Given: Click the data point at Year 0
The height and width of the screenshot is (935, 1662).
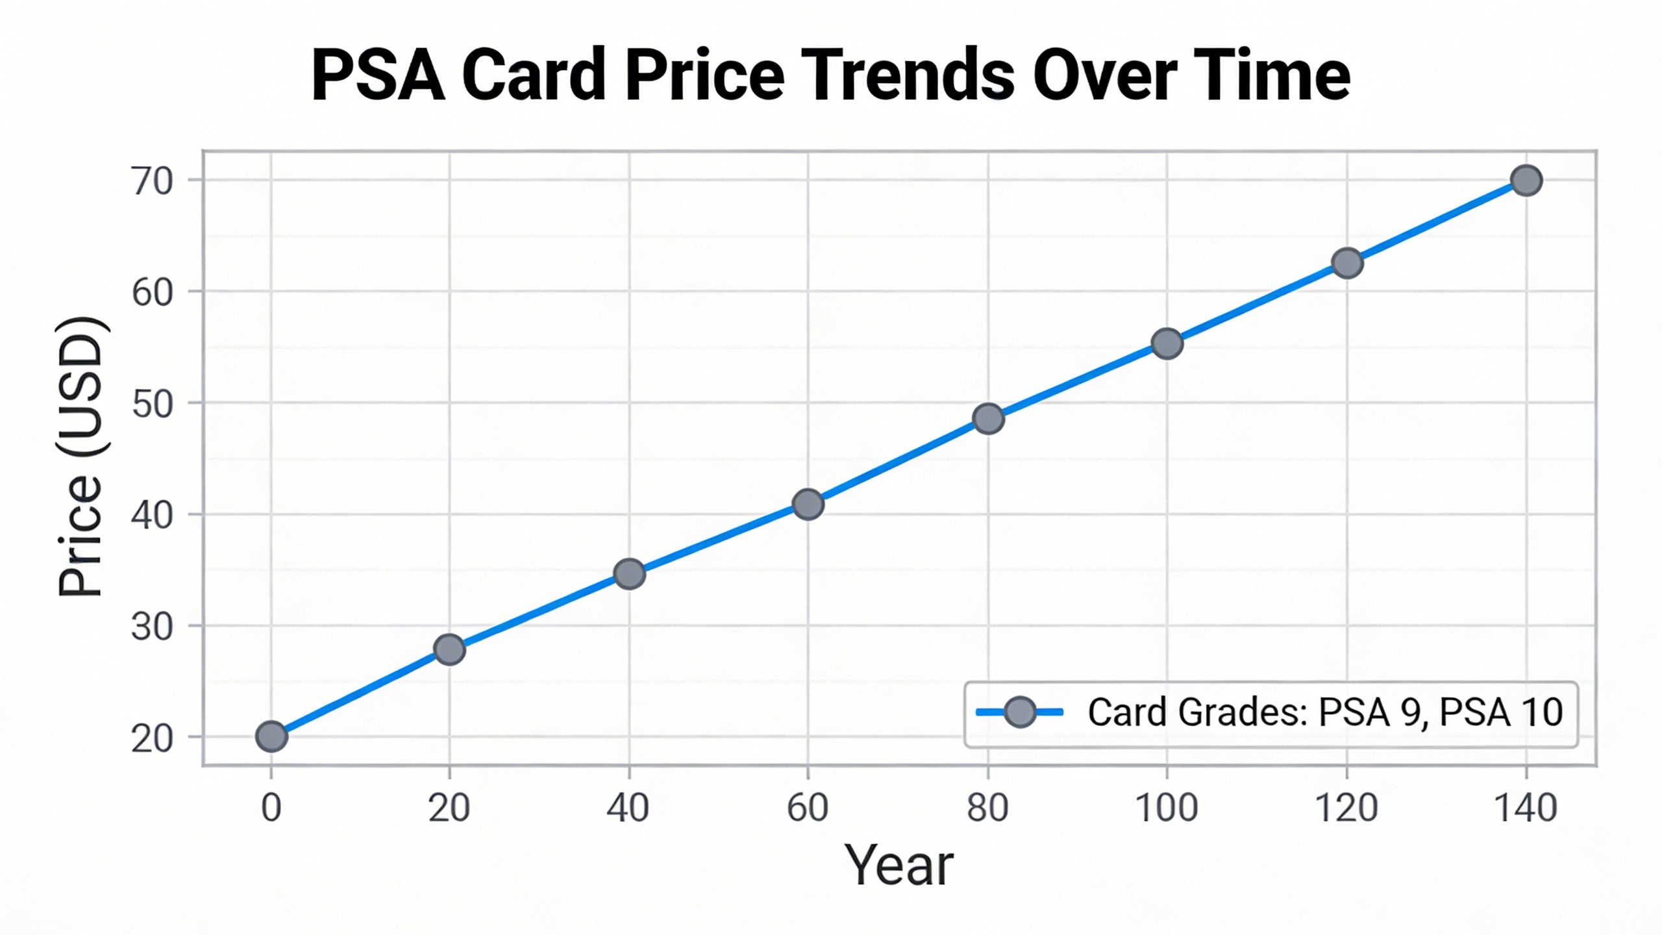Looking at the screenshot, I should (271, 736).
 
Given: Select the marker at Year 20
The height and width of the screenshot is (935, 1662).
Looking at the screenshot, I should (450, 649).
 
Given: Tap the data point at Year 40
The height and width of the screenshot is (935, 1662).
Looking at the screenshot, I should (629, 574).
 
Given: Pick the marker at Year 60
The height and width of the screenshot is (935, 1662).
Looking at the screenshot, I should (808, 505).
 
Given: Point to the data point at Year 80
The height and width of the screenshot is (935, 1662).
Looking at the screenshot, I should (988, 419).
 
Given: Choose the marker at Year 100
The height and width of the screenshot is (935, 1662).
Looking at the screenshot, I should (1167, 343).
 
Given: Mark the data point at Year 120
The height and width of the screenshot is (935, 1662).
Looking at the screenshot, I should (1347, 263).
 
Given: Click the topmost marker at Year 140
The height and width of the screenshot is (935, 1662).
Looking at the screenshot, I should (1526, 181).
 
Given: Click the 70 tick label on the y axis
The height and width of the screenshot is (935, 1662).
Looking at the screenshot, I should (153, 182).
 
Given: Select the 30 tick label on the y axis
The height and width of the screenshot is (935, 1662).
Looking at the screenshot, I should (153, 629).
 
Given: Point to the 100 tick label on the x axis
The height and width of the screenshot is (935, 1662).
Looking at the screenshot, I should (1167, 808).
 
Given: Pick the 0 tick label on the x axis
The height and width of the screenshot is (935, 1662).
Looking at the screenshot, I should (271, 808).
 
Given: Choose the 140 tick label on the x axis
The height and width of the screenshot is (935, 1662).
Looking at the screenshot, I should (1526, 808).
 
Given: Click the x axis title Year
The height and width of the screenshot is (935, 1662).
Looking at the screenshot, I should (899, 866).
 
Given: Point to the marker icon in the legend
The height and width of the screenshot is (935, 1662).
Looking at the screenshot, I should (1020, 712).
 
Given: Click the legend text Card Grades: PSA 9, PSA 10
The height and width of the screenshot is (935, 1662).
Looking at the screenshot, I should (1325, 712).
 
